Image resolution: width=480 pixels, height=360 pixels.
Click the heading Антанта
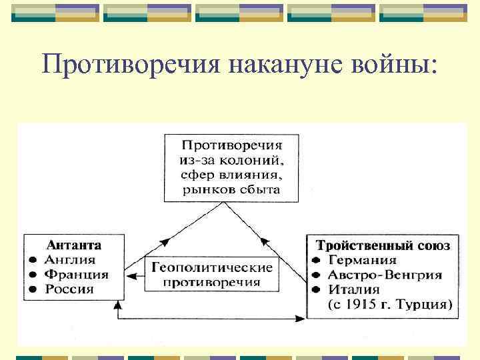pos(74,245)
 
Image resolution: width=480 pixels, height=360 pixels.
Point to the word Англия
pos(70,260)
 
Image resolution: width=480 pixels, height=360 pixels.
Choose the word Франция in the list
pos(77,275)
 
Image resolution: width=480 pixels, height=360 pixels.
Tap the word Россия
pos(69,289)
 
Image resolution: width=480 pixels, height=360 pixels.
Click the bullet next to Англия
pos(32,260)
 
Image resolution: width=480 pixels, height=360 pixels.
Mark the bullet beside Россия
pos(32,289)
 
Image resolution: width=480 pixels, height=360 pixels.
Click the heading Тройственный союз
pos(382,245)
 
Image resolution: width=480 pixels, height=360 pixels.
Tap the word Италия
pos(353,290)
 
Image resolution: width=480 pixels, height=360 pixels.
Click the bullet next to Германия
pos(317,261)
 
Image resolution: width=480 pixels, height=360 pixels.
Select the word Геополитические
pos(212,268)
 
